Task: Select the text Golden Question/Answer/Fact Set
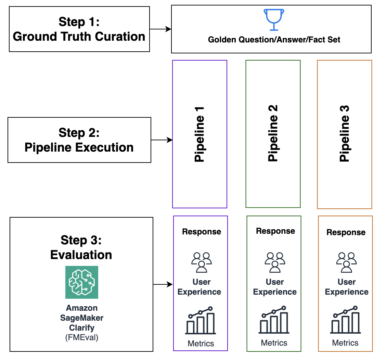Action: point(274,40)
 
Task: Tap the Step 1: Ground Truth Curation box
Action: point(79,29)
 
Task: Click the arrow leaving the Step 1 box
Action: point(160,29)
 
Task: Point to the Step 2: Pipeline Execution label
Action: point(79,140)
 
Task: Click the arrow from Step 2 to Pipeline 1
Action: point(162,140)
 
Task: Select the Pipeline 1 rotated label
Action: point(200,134)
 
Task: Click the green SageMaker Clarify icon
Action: point(82,282)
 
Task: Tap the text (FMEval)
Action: point(82,337)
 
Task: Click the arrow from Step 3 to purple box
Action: point(163,284)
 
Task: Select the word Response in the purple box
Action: point(202,232)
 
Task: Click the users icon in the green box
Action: point(275,262)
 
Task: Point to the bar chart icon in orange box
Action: point(346,320)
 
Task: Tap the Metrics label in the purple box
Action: point(201,343)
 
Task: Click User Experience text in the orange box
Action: point(347,287)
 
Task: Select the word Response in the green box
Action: point(275,231)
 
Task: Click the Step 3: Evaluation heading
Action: point(81,247)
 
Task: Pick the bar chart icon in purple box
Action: point(201,321)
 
